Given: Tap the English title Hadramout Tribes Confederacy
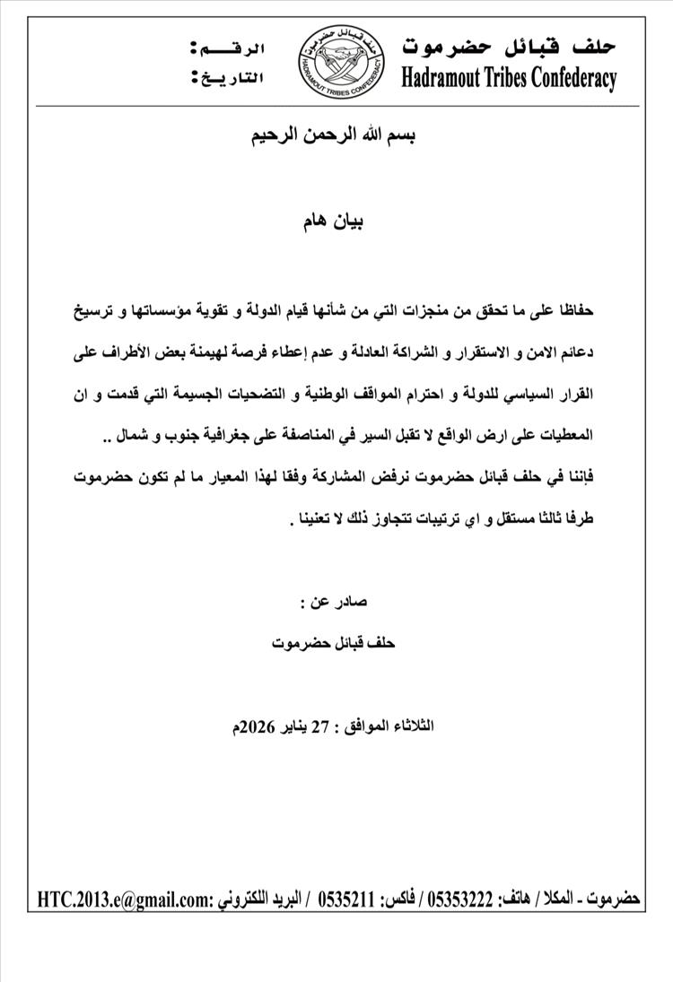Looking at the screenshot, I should [509, 78].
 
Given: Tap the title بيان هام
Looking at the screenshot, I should [336, 219].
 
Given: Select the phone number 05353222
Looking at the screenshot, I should [461, 899].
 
